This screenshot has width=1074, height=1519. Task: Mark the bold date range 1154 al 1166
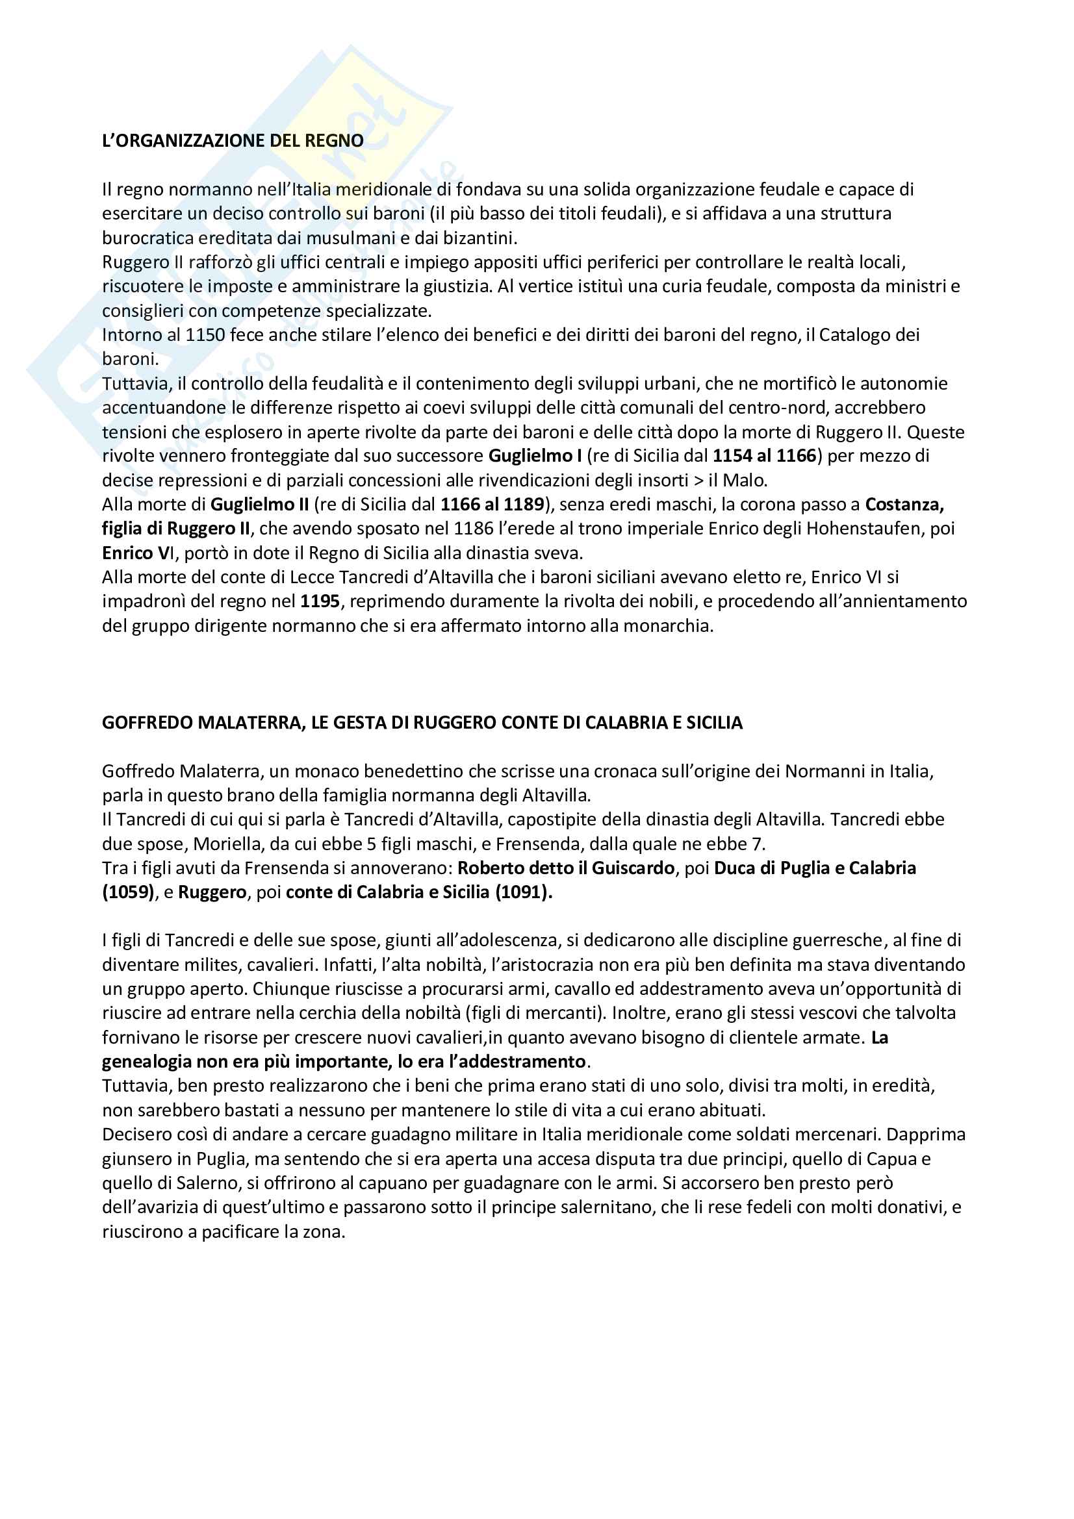coord(765,456)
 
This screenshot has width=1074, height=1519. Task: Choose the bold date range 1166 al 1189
coord(492,505)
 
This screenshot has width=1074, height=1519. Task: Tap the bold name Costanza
coord(904,505)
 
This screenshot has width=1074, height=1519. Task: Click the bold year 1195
coord(320,601)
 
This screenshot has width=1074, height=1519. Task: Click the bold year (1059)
coord(129,892)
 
